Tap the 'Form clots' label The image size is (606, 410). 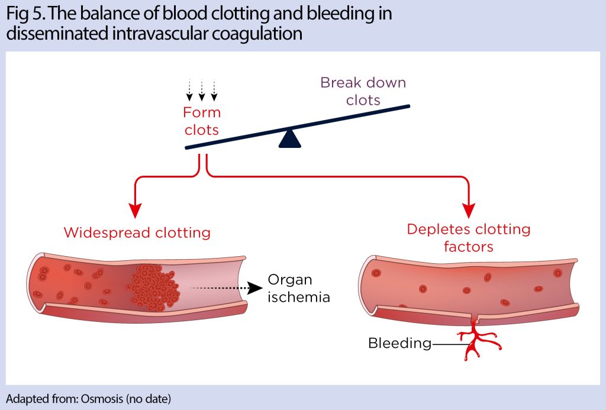[202, 121]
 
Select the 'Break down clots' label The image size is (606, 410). [363, 91]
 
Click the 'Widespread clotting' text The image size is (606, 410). [137, 232]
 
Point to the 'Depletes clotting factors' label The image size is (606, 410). [468, 237]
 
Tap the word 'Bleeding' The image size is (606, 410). [399, 343]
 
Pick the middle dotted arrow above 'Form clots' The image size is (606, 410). [202, 90]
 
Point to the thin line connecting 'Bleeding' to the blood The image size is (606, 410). [447, 343]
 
